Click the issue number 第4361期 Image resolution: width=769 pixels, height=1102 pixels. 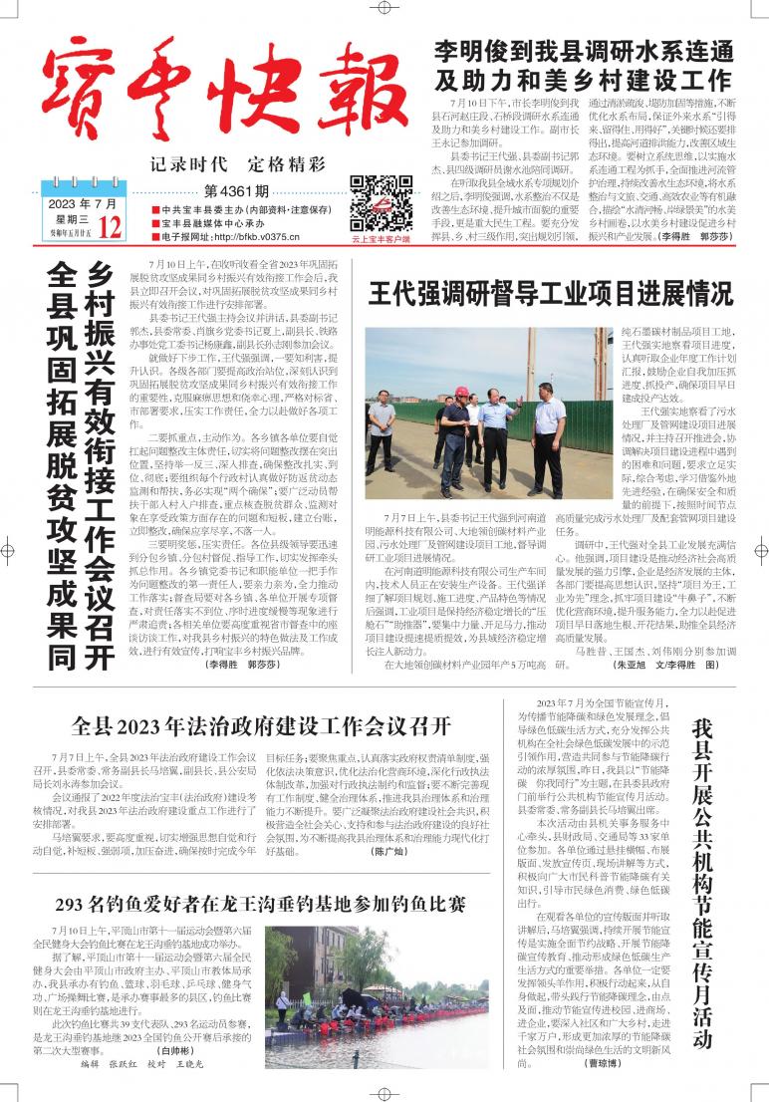[236, 190]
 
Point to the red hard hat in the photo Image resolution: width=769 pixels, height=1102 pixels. [461, 392]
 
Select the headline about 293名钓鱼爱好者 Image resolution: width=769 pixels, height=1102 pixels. [260, 905]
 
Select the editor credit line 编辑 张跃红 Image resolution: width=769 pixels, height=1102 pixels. [111, 1065]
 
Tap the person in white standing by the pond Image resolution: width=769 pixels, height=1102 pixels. [283, 1008]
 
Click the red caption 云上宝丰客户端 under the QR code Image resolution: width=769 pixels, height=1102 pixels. [381, 239]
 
